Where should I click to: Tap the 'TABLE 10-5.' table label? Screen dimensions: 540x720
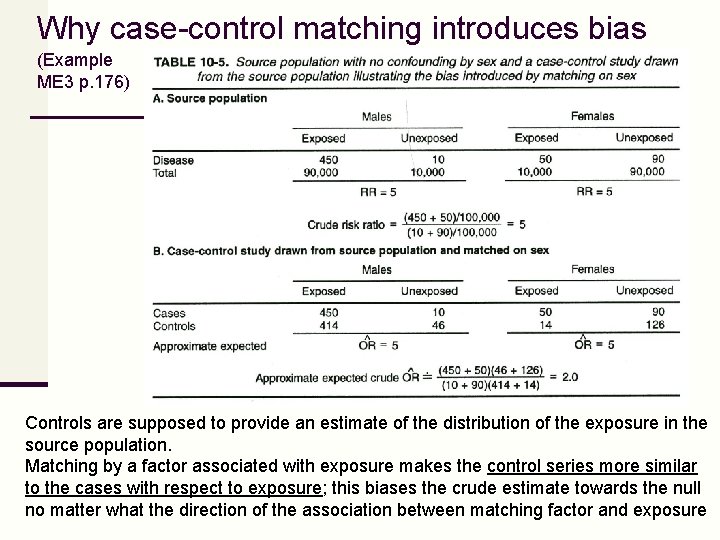(x=195, y=61)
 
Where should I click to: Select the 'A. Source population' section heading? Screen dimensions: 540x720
(x=210, y=98)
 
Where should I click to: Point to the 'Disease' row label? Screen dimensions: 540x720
(x=173, y=160)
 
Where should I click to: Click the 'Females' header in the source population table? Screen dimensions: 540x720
(x=592, y=117)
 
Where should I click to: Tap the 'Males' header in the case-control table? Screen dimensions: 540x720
(x=376, y=270)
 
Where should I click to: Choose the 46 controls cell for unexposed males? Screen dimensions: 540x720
(x=437, y=326)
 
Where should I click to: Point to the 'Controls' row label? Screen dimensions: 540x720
(x=174, y=326)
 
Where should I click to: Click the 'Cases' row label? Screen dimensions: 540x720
(x=169, y=313)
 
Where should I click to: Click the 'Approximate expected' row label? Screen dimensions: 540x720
(x=209, y=346)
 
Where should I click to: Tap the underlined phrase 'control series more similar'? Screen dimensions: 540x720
(x=592, y=467)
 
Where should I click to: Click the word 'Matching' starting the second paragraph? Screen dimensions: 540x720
(x=61, y=467)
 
